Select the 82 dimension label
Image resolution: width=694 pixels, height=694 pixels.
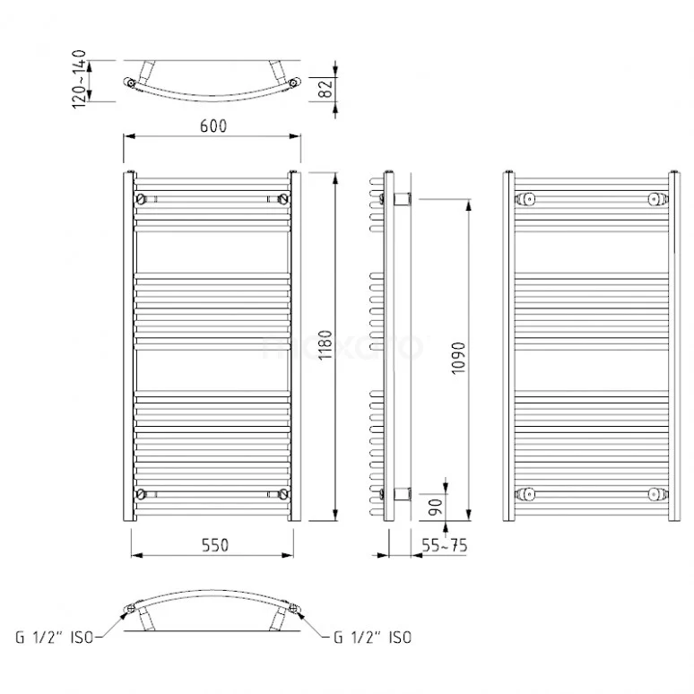pos(325,88)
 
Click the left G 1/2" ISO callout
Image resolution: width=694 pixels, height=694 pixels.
pos(52,638)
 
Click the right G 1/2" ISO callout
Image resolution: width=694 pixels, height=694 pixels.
pos(372,638)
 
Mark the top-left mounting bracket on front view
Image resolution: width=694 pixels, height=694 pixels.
pos(140,197)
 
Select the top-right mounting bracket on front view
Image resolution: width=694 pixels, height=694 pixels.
pos(283,197)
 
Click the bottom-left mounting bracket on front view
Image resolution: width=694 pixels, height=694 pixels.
pos(140,493)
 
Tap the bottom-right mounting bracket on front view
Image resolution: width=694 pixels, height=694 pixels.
pos(283,493)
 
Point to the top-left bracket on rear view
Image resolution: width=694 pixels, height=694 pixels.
pos(527,197)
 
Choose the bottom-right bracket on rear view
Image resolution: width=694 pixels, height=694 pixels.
pos(656,493)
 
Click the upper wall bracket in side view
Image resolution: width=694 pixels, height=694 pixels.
pos(401,196)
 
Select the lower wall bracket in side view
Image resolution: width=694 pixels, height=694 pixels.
pos(401,493)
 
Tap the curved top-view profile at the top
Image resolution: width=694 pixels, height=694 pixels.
pos(212,85)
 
